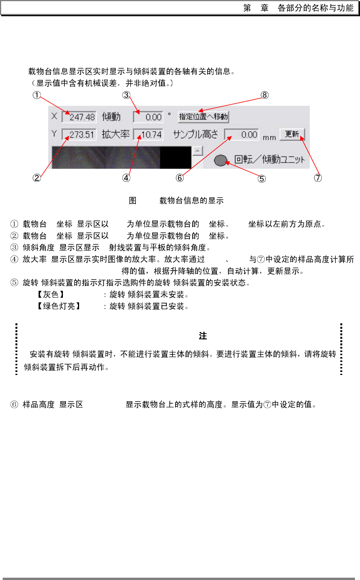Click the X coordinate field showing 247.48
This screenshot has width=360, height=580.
[x=79, y=117]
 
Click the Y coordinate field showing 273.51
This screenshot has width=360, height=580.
[x=79, y=134]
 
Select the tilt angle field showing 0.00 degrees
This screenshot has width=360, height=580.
[x=149, y=117]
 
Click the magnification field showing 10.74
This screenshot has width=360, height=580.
[x=149, y=134]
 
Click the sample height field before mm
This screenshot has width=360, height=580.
[x=242, y=134]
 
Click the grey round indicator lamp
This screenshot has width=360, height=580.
[x=220, y=160]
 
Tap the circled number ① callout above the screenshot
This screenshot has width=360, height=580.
[x=37, y=95]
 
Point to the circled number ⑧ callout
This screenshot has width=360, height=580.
[x=264, y=95]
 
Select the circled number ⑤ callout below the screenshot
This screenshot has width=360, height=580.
[x=262, y=178]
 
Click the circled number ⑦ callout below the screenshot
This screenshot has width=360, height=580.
[x=318, y=178]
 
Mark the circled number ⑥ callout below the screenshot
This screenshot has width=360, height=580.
[x=180, y=178]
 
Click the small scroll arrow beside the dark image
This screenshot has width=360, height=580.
[x=198, y=151]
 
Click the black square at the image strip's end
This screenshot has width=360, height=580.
[x=176, y=158]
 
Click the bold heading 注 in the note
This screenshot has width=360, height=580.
[x=203, y=336]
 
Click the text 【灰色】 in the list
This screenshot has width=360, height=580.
[x=51, y=295]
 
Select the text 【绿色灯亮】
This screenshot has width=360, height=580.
[x=59, y=306]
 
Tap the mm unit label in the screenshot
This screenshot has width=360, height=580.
[x=269, y=137]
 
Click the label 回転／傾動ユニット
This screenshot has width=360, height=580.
[x=269, y=159]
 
